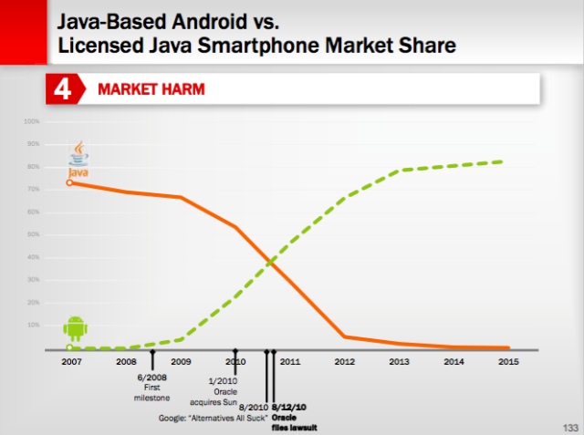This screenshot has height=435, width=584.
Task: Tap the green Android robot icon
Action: (74, 328)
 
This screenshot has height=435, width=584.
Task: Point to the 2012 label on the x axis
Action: (344, 361)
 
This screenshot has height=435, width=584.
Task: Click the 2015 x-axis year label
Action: (510, 361)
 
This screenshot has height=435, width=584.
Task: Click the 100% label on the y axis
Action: (32, 121)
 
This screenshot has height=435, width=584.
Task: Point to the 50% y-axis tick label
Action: (33, 234)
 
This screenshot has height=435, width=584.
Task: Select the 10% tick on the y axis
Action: (33, 325)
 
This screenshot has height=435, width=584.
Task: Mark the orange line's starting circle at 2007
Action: (70, 183)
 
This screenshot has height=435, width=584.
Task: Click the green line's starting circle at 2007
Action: (70, 347)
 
